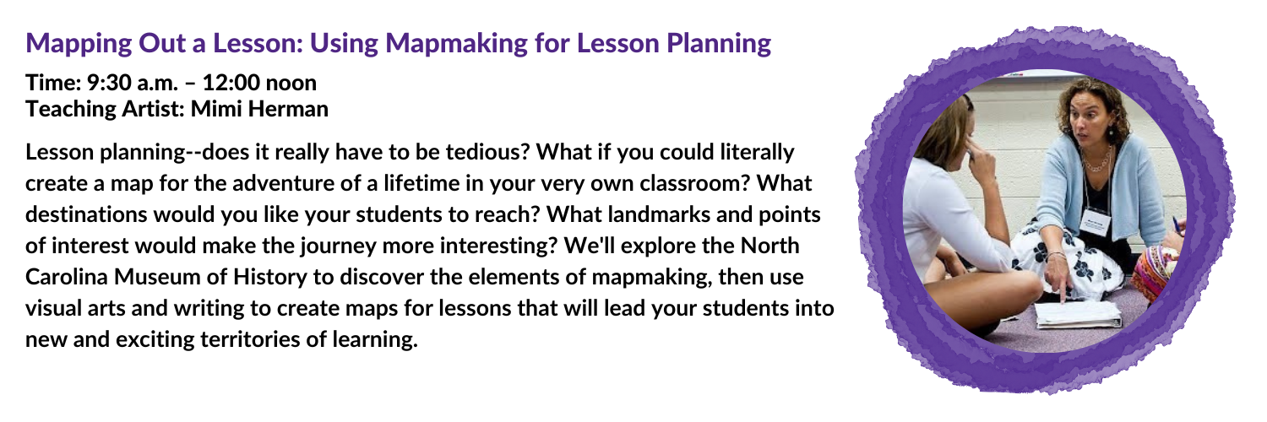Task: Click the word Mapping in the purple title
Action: pos(79,44)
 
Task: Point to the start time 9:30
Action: pos(109,83)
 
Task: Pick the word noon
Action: pos(291,83)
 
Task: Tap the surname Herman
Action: pos(288,109)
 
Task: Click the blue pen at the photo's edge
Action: pos(1177,225)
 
